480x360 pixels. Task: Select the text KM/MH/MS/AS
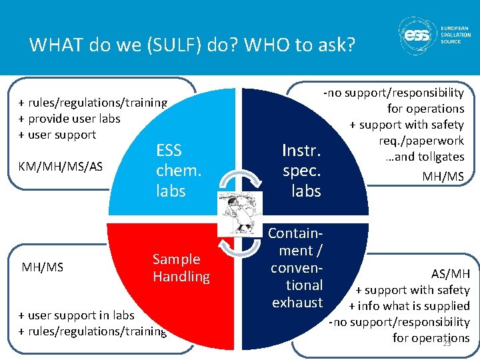click(x=61, y=166)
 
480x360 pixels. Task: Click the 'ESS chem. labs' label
click(x=178, y=170)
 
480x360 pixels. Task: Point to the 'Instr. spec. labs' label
click(x=302, y=170)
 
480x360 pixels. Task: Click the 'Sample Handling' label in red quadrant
click(x=181, y=267)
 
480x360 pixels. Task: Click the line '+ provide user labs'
click(x=69, y=118)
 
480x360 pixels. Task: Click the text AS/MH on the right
click(x=450, y=273)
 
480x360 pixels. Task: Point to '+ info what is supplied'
click(x=410, y=306)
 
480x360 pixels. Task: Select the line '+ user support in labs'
click(x=76, y=315)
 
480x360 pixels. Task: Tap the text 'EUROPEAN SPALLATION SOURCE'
click(x=455, y=35)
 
